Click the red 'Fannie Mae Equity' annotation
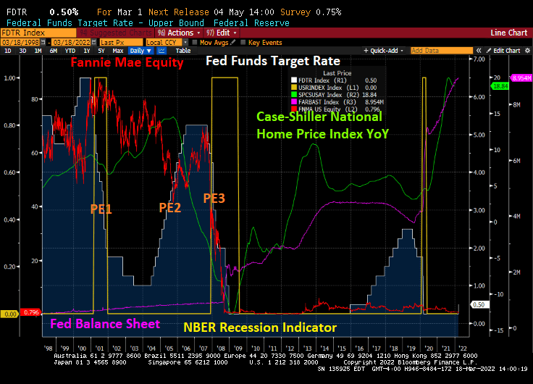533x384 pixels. tap(127, 64)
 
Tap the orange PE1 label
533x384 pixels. tap(101, 209)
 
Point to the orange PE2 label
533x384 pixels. tap(170, 207)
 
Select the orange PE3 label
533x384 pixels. tap(214, 197)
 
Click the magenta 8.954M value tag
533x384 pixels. tap(521, 78)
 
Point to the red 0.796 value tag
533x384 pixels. tap(30, 313)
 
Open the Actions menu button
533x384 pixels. tap(178, 33)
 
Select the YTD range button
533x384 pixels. tap(70, 51)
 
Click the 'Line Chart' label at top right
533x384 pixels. tap(508, 33)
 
